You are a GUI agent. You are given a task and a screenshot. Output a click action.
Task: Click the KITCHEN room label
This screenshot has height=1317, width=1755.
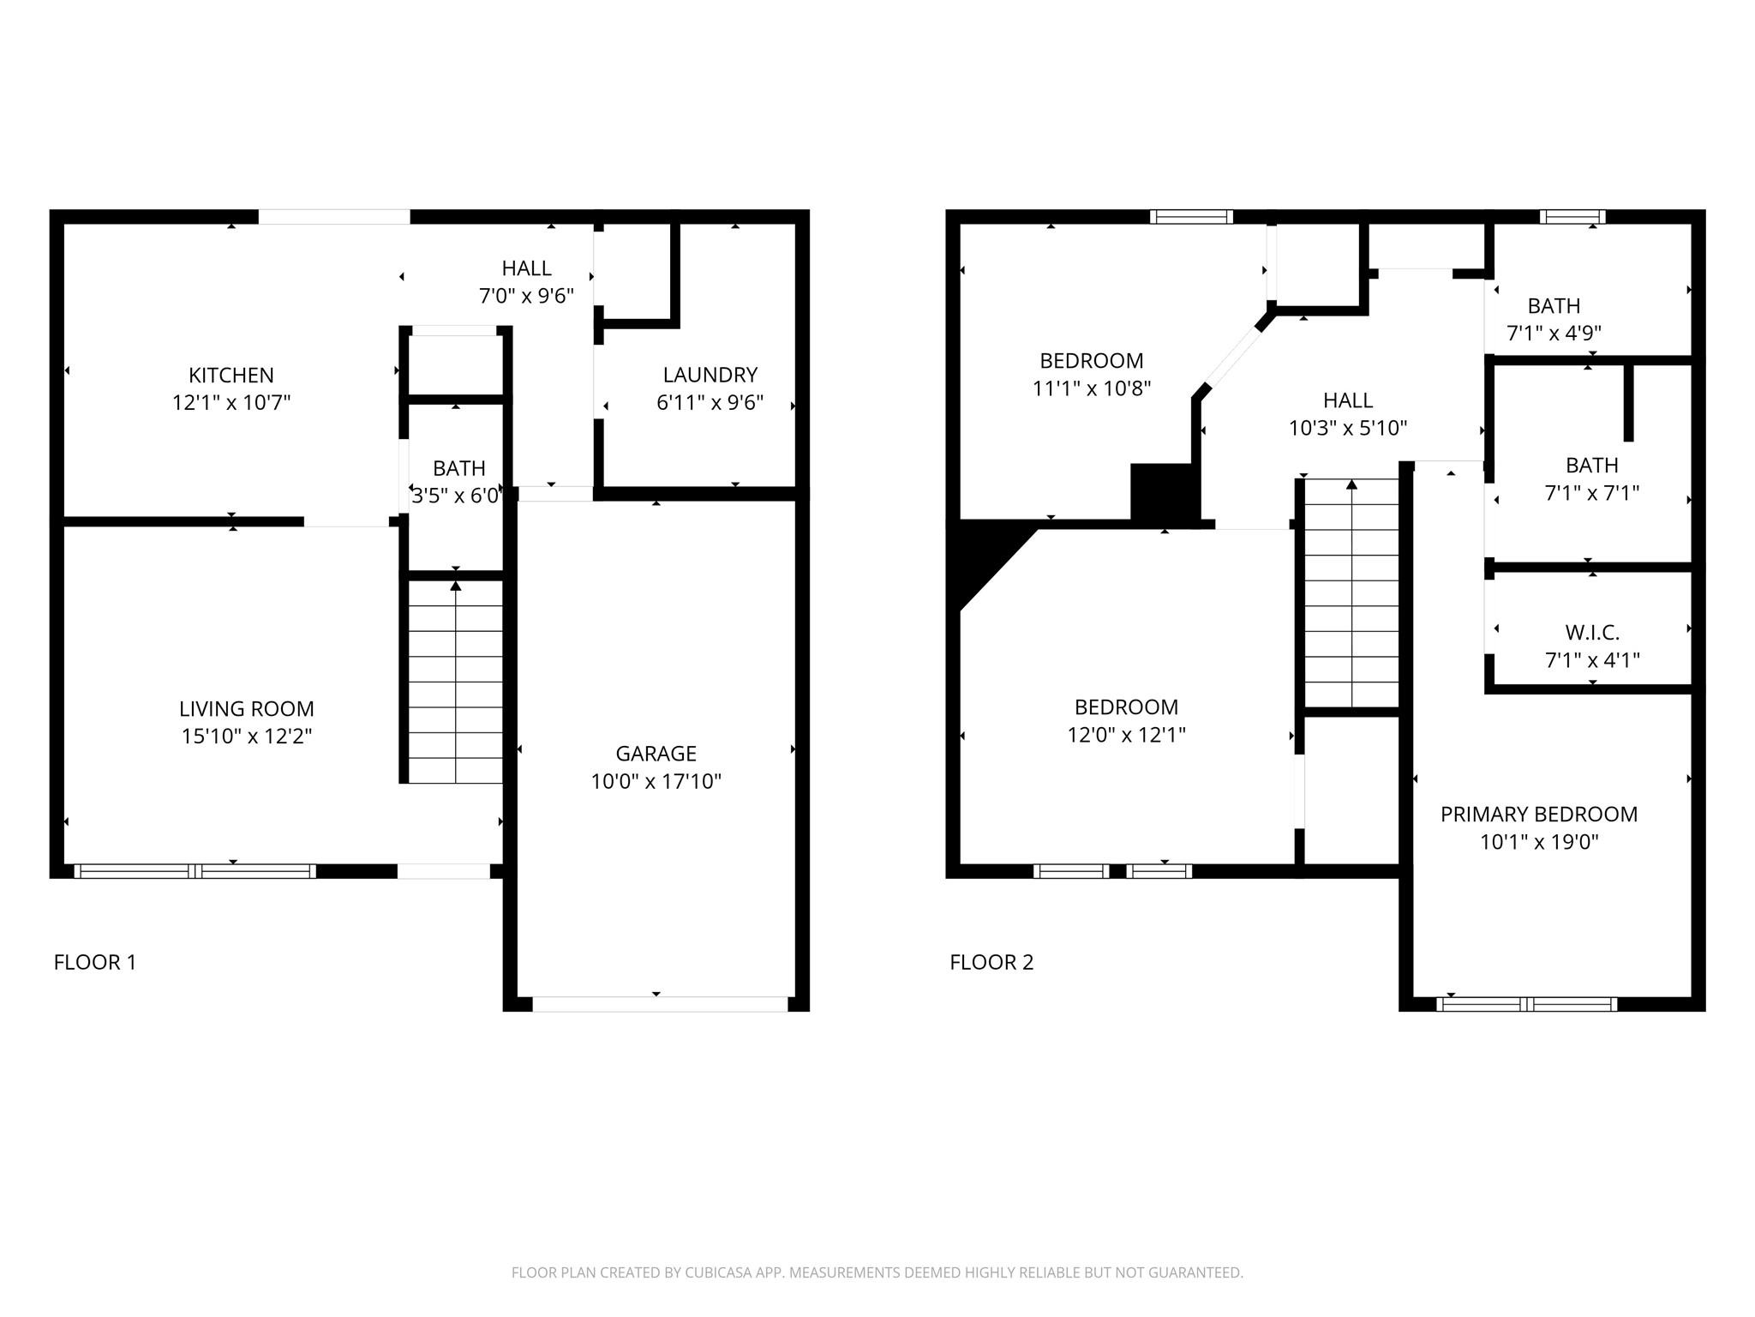[x=231, y=376]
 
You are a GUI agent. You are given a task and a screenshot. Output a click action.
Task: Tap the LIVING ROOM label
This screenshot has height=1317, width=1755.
[x=247, y=709]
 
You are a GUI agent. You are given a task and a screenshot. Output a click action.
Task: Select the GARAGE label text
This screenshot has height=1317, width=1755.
[x=656, y=754]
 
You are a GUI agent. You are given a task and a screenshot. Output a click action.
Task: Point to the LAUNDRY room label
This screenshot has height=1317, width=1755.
[x=710, y=376]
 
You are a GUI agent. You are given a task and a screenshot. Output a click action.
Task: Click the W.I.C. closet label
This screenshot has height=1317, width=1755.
[x=1592, y=633]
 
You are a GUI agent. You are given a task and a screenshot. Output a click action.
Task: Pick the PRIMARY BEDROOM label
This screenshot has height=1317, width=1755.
[x=1539, y=815]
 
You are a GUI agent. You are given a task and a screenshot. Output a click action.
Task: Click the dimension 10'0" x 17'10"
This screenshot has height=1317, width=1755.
[x=656, y=781]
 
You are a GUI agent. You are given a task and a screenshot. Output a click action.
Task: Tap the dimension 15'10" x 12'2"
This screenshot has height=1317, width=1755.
[x=247, y=737]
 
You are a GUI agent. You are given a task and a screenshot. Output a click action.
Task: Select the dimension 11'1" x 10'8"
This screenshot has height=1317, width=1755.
[x=1092, y=388]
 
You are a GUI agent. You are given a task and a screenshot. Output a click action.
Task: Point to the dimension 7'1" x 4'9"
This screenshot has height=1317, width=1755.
[x=1554, y=333]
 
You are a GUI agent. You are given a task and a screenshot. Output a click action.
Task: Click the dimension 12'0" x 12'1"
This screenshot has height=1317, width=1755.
[x=1127, y=735]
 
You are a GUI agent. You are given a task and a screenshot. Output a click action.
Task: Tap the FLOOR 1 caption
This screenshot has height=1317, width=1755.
[x=95, y=962]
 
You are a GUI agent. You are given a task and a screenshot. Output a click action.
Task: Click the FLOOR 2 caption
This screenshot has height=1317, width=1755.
[x=991, y=962]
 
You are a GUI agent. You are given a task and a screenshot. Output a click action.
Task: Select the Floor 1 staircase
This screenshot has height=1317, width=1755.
[x=455, y=683]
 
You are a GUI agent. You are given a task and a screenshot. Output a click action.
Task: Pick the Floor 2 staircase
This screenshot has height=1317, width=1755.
[x=1351, y=593]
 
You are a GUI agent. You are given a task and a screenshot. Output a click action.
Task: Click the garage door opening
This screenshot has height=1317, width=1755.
[x=660, y=1004]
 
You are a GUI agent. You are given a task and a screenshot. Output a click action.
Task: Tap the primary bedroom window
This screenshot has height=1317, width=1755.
[x=1527, y=1004]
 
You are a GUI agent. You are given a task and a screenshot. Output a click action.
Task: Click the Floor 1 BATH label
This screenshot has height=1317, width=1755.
[x=459, y=468]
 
